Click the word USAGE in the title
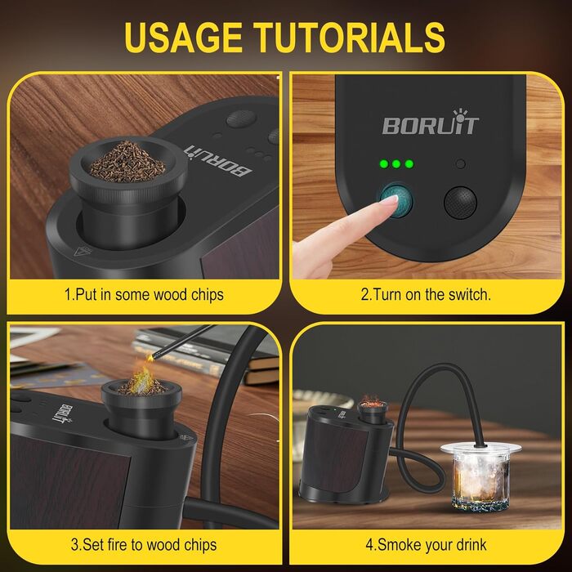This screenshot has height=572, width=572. (183, 38)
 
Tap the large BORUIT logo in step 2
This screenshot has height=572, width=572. (431, 123)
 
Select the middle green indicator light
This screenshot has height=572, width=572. (396, 163)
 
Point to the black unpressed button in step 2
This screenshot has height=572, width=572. (460, 203)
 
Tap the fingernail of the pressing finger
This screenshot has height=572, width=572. (389, 199)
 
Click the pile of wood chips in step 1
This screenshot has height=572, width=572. (127, 162)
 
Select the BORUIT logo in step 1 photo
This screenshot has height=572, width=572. (218, 160)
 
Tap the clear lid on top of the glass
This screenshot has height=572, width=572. (480, 449)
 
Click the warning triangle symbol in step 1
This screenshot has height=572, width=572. (82, 251)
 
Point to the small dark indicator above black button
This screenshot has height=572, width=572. (461, 163)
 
